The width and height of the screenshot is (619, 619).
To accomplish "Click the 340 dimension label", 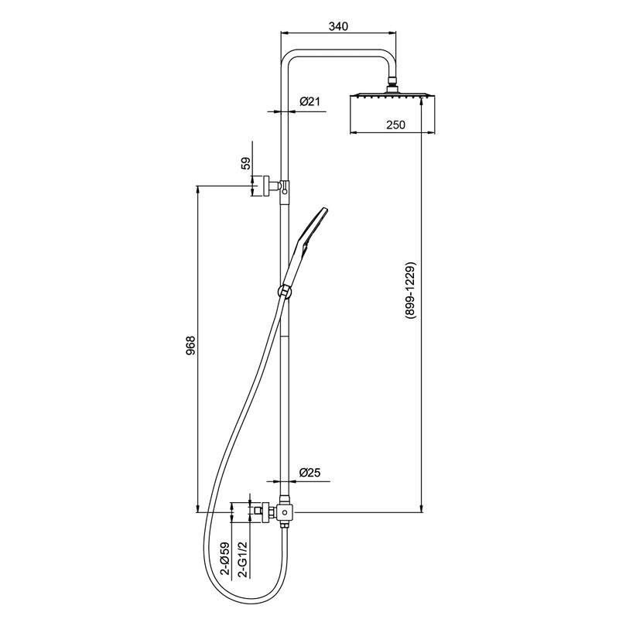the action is point(338,26).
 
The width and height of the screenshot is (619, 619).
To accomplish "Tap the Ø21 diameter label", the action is point(309,102).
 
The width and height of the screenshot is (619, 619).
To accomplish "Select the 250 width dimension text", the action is point(395,125).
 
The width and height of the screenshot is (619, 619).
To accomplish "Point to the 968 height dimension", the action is point(190,346).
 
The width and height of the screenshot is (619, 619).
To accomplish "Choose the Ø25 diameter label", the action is point(309,472).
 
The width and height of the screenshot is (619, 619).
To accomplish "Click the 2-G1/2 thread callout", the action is point(244,559).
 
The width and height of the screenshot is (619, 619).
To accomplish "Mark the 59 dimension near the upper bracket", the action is point(246,163).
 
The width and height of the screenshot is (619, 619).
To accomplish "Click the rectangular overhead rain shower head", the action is point(393,95).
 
